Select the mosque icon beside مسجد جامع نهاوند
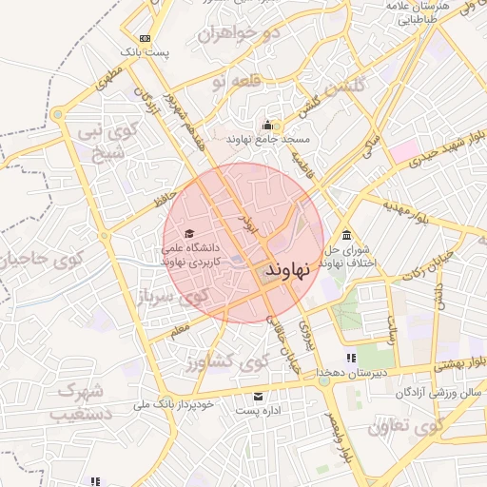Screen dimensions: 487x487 [268, 125]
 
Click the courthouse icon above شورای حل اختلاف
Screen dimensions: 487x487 [345, 235]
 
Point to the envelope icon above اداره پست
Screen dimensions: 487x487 [257, 396]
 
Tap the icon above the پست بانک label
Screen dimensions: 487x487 [145, 38]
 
